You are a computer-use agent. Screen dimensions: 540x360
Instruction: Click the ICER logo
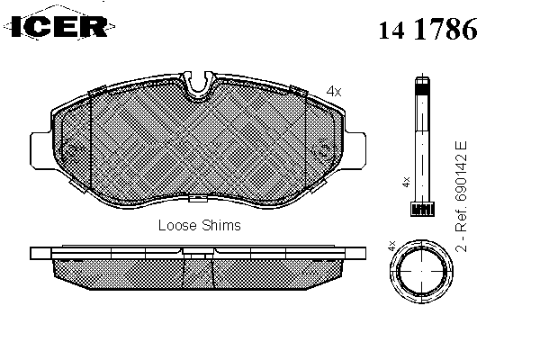[59, 26]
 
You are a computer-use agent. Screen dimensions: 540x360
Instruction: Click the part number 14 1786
[428, 29]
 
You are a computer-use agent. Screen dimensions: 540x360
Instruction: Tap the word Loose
[177, 225]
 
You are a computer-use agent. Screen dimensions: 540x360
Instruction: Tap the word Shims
[221, 225]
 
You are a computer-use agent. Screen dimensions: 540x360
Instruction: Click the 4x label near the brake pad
[334, 91]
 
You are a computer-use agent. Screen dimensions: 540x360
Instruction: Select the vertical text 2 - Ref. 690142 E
[461, 196]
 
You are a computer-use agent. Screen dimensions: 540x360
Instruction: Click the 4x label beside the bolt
[407, 182]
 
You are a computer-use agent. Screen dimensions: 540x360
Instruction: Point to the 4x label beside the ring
[391, 246]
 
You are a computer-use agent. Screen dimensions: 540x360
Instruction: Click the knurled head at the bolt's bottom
[422, 209]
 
